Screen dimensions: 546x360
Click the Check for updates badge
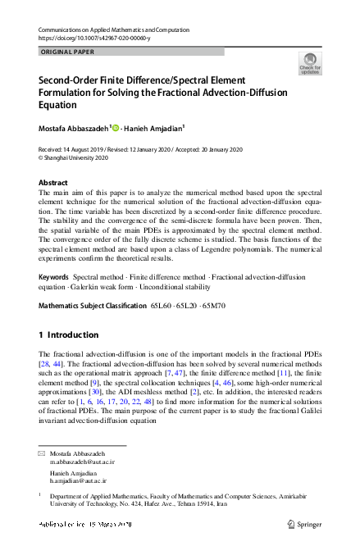click(x=310, y=62)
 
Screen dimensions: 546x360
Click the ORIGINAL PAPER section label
click(x=66, y=52)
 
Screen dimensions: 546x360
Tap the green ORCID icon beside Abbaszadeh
click(x=116, y=127)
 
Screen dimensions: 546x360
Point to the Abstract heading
click(x=54, y=183)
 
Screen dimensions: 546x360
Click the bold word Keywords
click(x=55, y=278)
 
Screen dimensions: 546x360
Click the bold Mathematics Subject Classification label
click(x=91, y=306)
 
